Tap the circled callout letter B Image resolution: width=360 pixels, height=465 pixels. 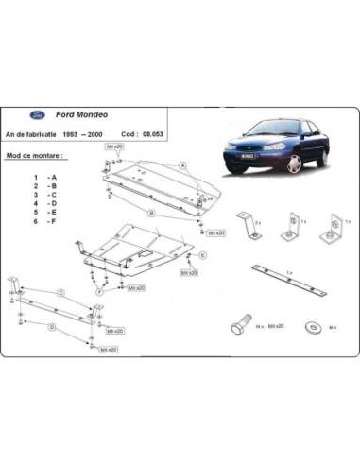point(149,215)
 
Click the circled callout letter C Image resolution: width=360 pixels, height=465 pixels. point(60,293)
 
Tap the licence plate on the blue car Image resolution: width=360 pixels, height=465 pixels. point(246,156)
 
